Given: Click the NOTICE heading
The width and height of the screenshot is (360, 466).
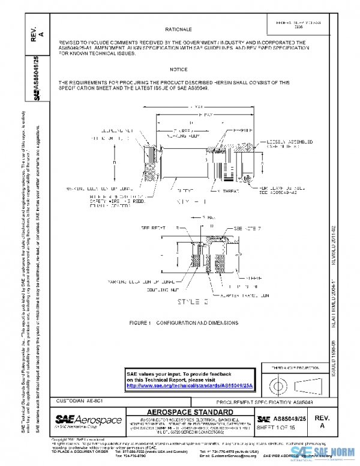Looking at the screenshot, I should (x=179, y=70).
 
